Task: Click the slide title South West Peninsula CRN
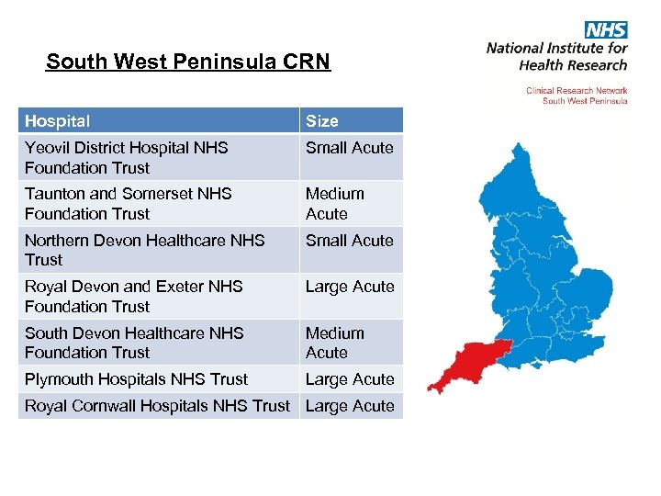[187, 62]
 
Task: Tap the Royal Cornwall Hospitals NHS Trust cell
[157, 406]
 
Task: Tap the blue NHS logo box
[606, 30]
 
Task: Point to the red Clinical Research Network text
[577, 91]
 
